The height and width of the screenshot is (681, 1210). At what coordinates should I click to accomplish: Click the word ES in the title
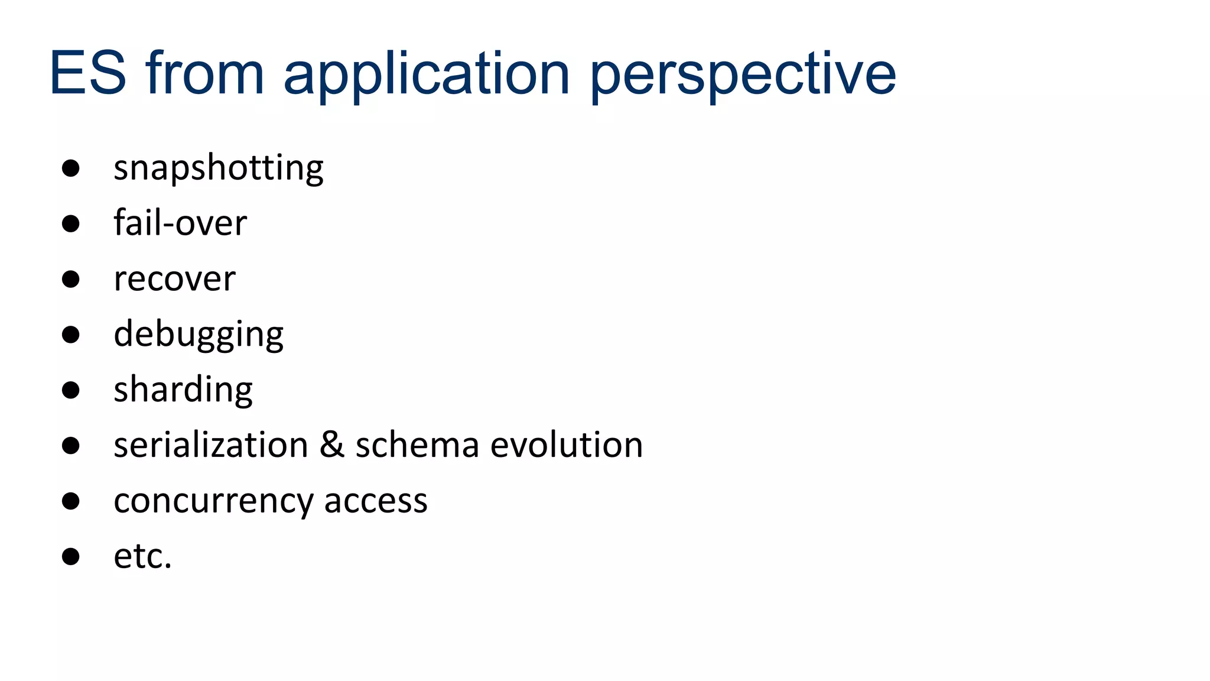click(x=88, y=73)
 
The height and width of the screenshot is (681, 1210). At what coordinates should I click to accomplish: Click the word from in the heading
click(x=204, y=73)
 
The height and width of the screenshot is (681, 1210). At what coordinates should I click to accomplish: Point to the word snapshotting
click(x=218, y=168)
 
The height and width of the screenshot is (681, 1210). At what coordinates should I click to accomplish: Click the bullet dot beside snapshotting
click(x=71, y=168)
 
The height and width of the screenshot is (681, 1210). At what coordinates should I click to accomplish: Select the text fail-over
click(x=180, y=223)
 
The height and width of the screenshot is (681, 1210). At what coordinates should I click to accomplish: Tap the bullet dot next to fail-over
click(x=71, y=223)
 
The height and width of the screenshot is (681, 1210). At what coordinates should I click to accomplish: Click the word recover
click(x=174, y=279)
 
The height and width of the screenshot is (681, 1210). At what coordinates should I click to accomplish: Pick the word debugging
click(x=198, y=335)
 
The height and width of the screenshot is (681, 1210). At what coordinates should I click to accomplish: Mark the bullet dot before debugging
click(x=71, y=335)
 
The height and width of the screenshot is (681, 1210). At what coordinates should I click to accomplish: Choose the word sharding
click(x=183, y=390)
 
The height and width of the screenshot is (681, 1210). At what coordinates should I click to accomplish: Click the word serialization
click(x=210, y=445)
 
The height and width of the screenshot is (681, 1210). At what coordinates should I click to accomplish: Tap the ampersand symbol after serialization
click(x=331, y=445)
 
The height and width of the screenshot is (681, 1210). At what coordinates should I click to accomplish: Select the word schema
click(x=417, y=445)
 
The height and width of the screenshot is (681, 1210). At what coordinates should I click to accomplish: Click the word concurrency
click(x=213, y=501)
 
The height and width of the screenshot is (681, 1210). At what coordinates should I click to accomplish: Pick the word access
click(x=375, y=501)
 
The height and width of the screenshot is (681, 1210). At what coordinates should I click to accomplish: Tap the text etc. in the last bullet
click(x=142, y=556)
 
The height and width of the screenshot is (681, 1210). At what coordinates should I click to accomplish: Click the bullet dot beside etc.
click(x=71, y=556)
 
